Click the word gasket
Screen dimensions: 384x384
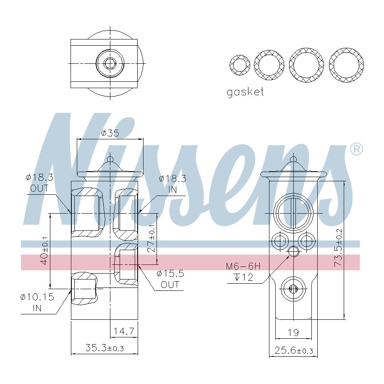tap(245, 92)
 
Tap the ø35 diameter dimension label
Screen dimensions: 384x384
tap(110, 133)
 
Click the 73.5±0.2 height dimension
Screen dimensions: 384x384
tap(339, 248)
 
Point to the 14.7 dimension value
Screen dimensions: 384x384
tap(124, 331)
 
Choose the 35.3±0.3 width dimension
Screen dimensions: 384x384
tap(104, 348)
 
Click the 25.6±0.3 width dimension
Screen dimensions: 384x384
tap(294, 350)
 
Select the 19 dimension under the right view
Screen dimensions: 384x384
tap(293, 332)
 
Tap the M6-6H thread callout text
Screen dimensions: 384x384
tap(243, 266)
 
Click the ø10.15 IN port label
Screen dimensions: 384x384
tap(37, 302)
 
